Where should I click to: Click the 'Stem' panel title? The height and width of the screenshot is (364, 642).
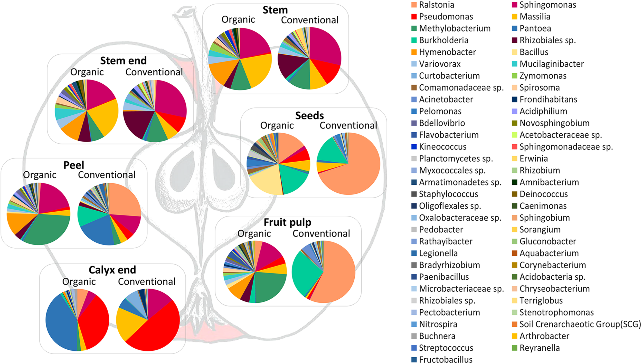click(x=275, y=10)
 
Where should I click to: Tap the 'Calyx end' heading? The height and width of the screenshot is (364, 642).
click(x=112, y=270)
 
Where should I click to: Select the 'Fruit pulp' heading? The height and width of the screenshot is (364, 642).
click(x=287, y=222)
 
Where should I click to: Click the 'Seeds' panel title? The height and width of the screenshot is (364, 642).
click(x=309, y=116)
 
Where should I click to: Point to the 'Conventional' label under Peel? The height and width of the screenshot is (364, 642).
click(x=107, y=175)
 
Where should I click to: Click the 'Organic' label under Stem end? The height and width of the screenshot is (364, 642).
click(x=87, y=72)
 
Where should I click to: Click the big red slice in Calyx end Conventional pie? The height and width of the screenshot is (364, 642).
click(x=157, y=331)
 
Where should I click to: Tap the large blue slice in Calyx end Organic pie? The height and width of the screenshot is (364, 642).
click(x=60, y=323)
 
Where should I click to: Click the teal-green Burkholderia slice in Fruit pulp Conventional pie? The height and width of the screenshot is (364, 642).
click(x=304, y=274)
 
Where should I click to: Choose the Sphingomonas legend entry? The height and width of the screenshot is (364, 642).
click(x=547, y=5)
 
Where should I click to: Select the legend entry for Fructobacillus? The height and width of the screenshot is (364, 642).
click(x=445, y=360)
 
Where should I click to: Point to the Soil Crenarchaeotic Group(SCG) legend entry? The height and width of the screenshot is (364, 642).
click(x=580, y=324)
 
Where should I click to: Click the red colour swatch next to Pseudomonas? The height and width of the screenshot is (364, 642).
click(x=414, y=17)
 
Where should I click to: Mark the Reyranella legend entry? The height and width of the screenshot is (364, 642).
click(x=539, y=348)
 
